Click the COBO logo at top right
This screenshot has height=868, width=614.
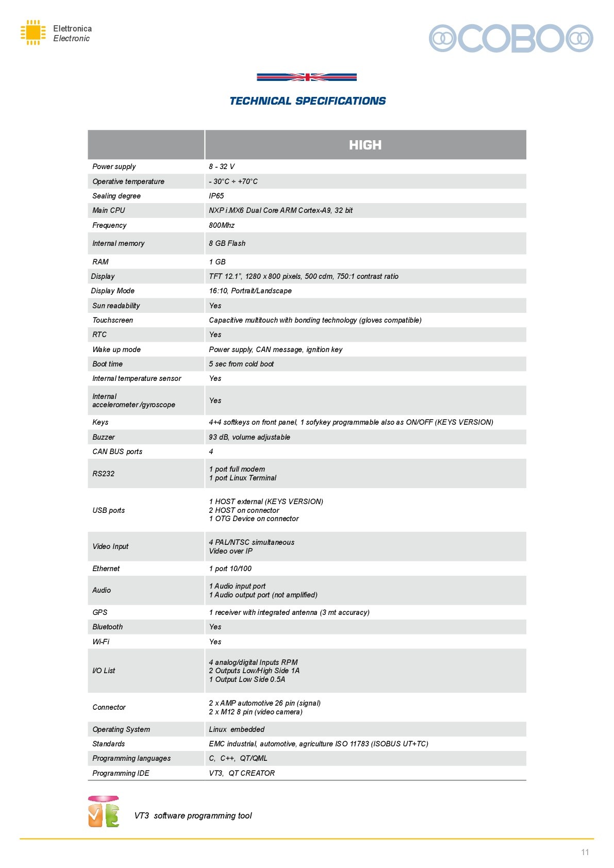point(511,38)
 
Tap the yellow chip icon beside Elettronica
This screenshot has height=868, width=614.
point(33,32)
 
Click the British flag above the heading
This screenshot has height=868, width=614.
point(307,77)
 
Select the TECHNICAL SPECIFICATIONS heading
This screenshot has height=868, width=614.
point(307,101)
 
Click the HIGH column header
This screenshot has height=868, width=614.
point(365,145)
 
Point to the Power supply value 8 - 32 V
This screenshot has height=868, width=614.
point(222,166)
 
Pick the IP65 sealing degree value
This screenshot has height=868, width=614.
point(217,196)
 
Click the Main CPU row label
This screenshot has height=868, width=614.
point(109,210)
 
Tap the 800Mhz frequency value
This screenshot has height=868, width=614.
point(222,225)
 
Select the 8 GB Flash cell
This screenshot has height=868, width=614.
point(227,243)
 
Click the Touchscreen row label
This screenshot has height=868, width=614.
point(113,320)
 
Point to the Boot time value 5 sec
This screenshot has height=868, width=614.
point(241,364)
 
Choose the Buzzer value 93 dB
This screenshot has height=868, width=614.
point(250,437)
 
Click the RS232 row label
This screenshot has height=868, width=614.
point(104,474)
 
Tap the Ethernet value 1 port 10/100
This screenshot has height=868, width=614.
point(230,569)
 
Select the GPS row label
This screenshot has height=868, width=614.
point(100,612)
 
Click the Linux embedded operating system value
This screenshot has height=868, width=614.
point(237,729)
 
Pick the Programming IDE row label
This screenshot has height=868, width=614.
point(121,773)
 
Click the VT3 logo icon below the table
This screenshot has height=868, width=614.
point(104,812)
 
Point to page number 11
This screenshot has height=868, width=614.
point(585,852)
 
